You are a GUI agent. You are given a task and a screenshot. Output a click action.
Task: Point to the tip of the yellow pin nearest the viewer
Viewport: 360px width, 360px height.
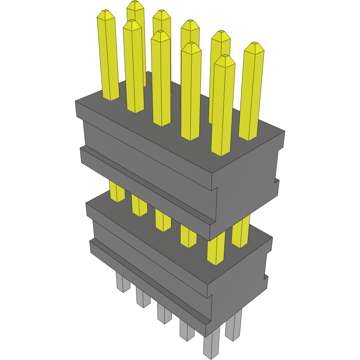pyautogui.click(x=225, y=59)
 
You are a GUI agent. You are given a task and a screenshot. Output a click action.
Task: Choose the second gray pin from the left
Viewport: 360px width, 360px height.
pyautogui.click(x=143, y=298)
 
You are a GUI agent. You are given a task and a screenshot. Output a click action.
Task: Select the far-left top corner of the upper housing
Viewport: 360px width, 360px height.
pyautogui.click(x=76, y=102)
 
